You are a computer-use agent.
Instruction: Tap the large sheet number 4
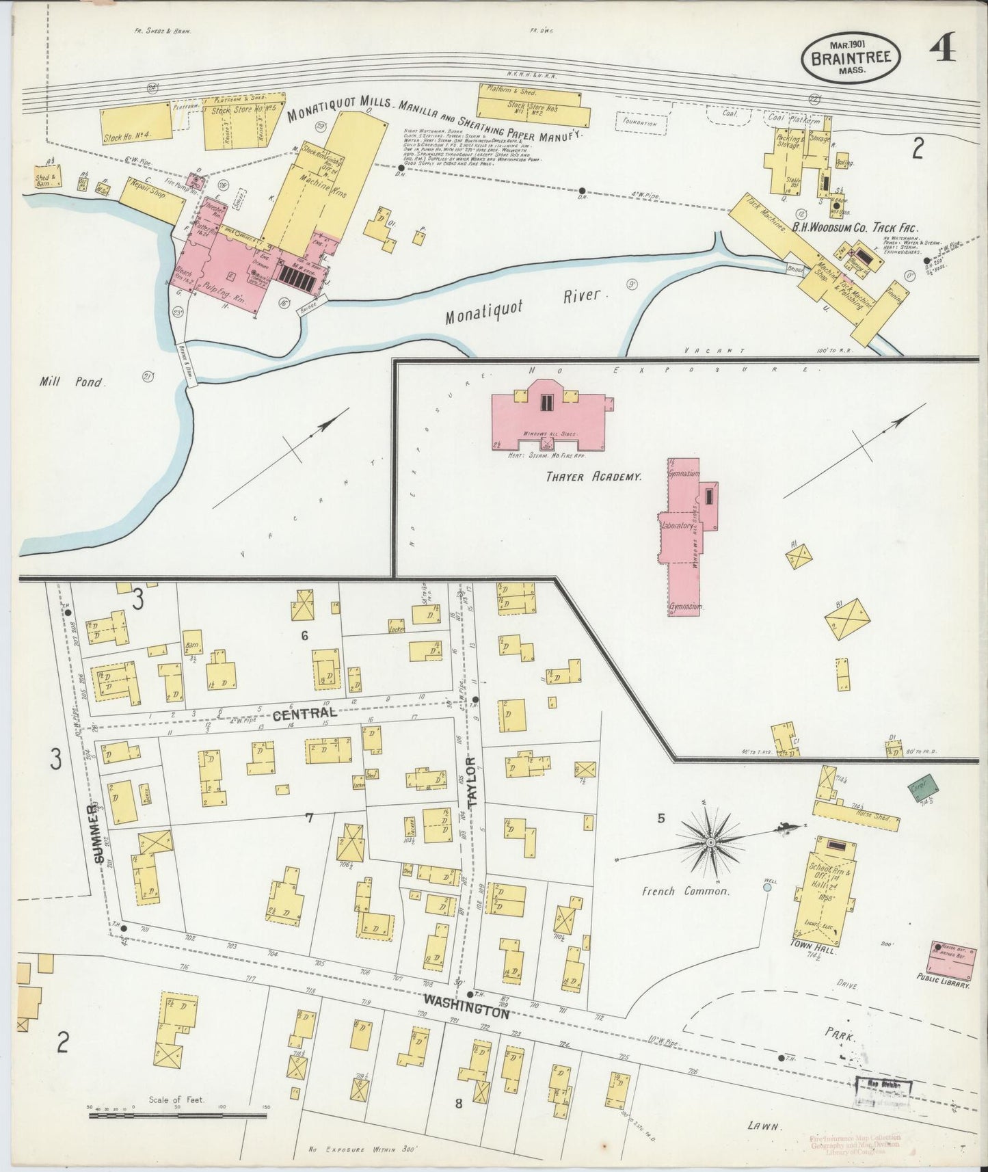[x=944, y=49]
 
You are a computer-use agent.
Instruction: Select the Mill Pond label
[x=72, y=382]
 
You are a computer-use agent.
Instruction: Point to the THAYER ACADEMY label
[x=593, y=477]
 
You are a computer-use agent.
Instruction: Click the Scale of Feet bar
[x=177, y=1116]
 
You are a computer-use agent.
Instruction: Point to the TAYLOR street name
[x=470, y=780]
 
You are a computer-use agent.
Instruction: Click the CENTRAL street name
[x=301, y=717]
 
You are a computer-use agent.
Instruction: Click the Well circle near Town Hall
[x=767, y=887]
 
